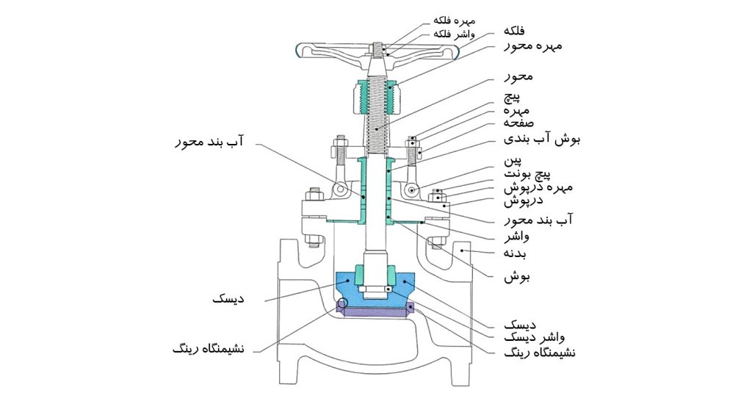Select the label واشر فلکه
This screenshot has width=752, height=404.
(x=454, y=34)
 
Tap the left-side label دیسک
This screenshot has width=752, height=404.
(x=228, y=300)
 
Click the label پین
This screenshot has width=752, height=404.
(x=513, y=160)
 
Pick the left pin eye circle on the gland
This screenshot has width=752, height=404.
(x=339, y=190)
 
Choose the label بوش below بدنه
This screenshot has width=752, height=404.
(x=516, y=278)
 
